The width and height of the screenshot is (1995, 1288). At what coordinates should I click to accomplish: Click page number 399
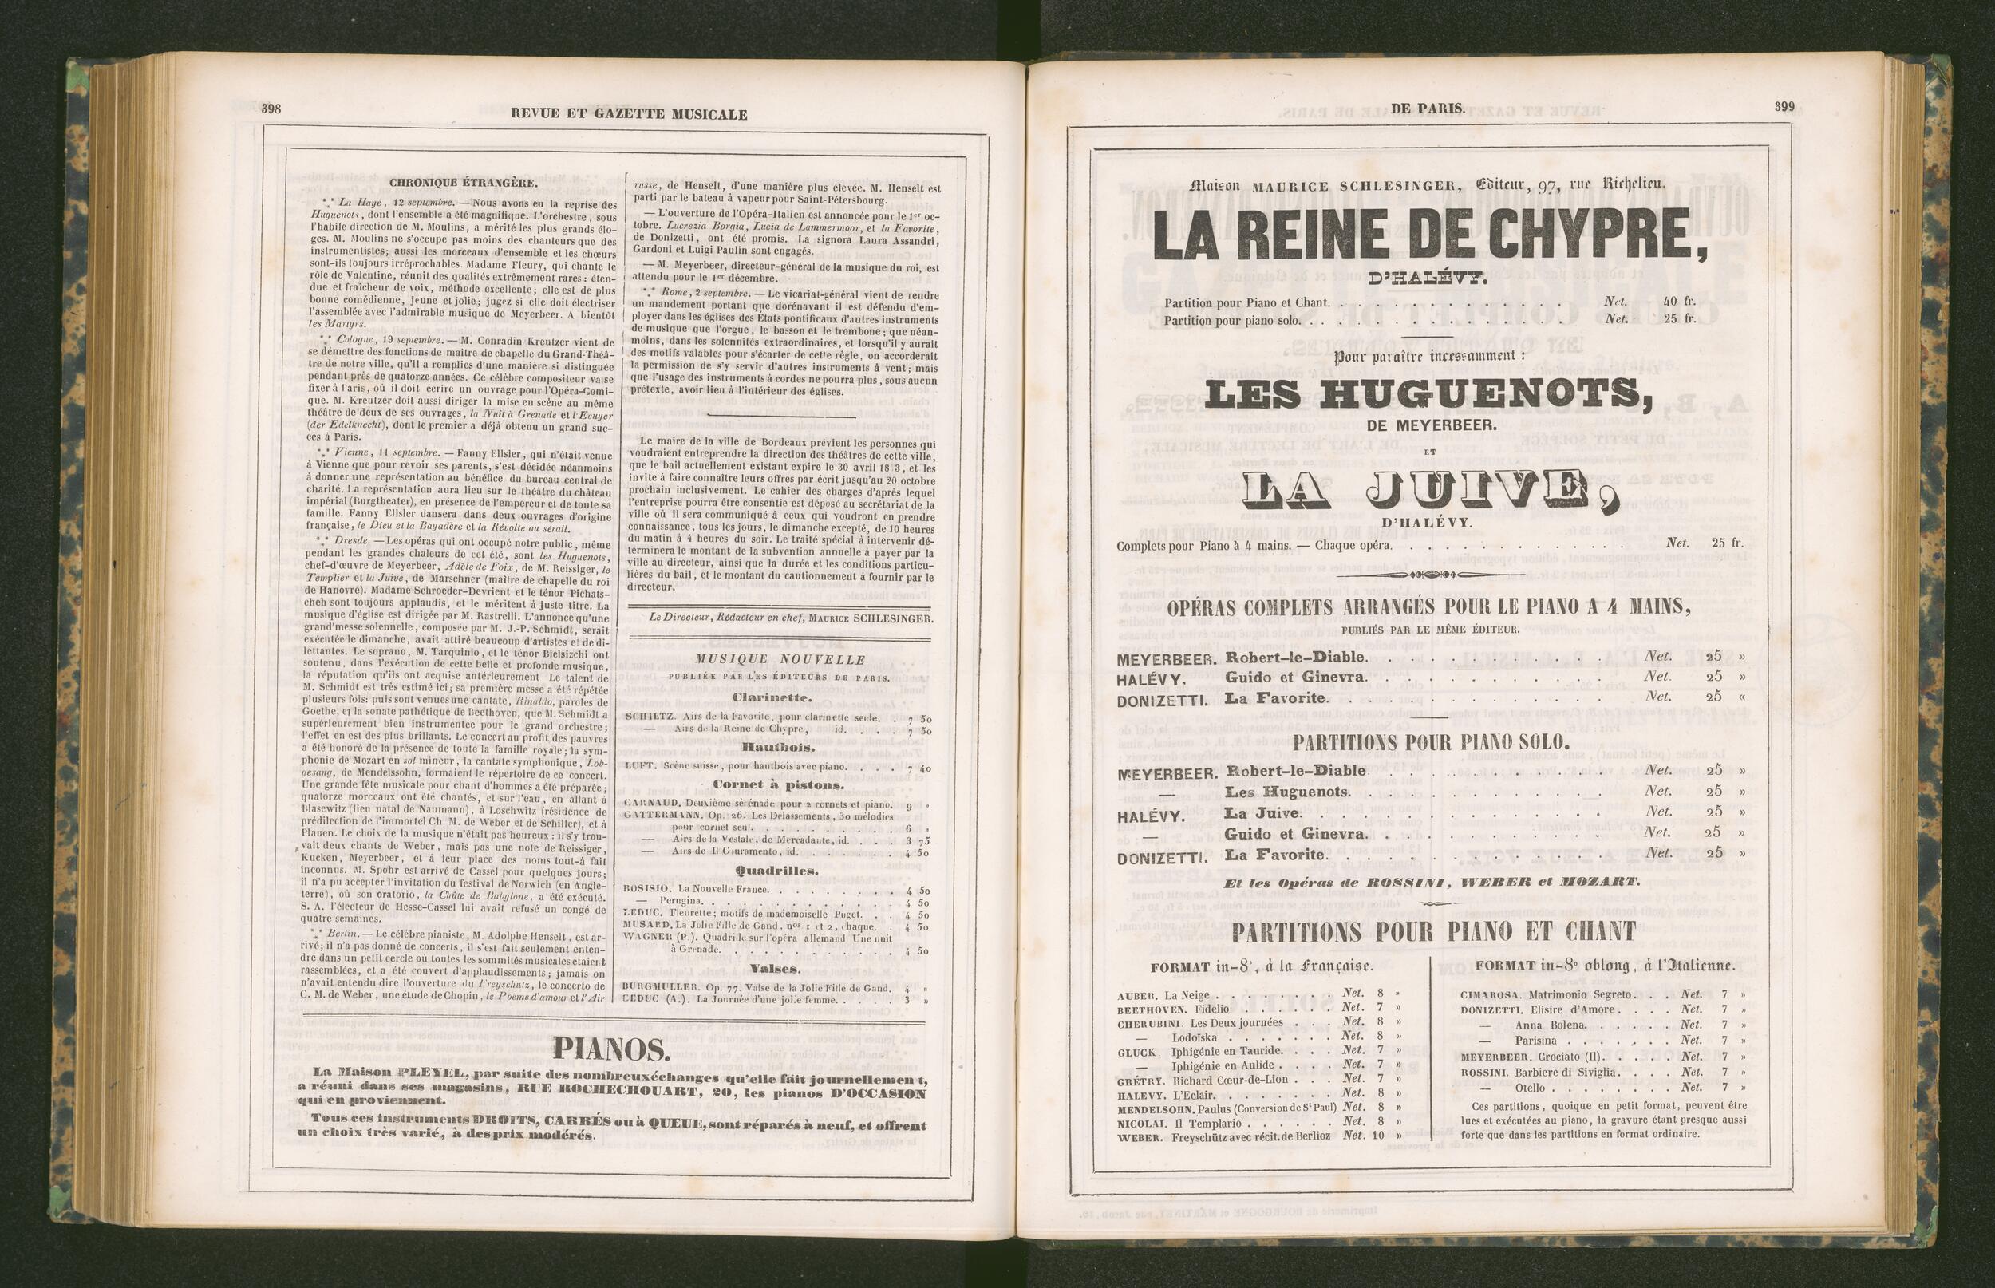(x=1784, y=107)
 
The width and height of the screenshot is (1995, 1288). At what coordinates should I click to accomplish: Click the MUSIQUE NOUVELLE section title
(x=774, y=659)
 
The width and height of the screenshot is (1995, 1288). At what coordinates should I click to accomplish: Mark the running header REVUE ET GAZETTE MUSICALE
(x=629, y=115)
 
